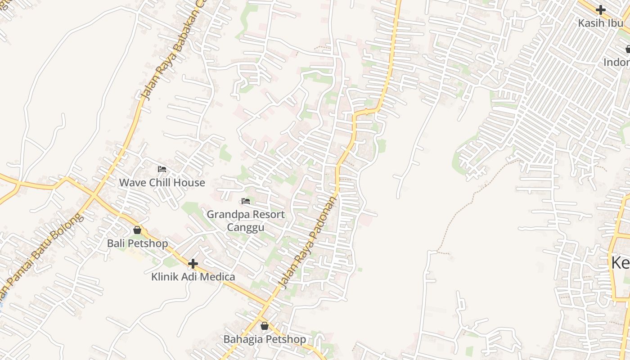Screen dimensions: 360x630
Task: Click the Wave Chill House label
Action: pos(162,183)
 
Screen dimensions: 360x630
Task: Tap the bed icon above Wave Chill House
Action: pos(162,169)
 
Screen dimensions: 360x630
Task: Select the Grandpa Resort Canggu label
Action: pos(246,220)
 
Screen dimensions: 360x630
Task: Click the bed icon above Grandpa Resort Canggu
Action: pos(246,201)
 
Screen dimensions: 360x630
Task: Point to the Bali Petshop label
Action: pos(137,243)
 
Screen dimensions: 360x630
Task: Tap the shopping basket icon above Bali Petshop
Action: pos(137,230)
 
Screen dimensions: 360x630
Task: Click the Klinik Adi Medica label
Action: pos(193,277)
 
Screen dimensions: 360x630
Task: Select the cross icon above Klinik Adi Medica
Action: pos(193,263)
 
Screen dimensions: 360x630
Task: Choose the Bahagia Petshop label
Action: pos(265,339)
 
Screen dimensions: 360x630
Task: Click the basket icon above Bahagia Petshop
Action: pos(265,326)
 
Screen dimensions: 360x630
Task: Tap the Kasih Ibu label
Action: pos(600,23)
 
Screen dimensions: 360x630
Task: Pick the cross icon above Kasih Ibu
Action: pos(600,10)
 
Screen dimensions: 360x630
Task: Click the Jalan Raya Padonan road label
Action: pos(308,242)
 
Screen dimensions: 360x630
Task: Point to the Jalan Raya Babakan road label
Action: pos(173,52)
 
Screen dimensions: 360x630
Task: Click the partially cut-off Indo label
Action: pos(617,62)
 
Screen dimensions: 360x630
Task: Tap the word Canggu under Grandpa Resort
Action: pos(246,227)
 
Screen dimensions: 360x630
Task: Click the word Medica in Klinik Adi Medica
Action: pos(217,277)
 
